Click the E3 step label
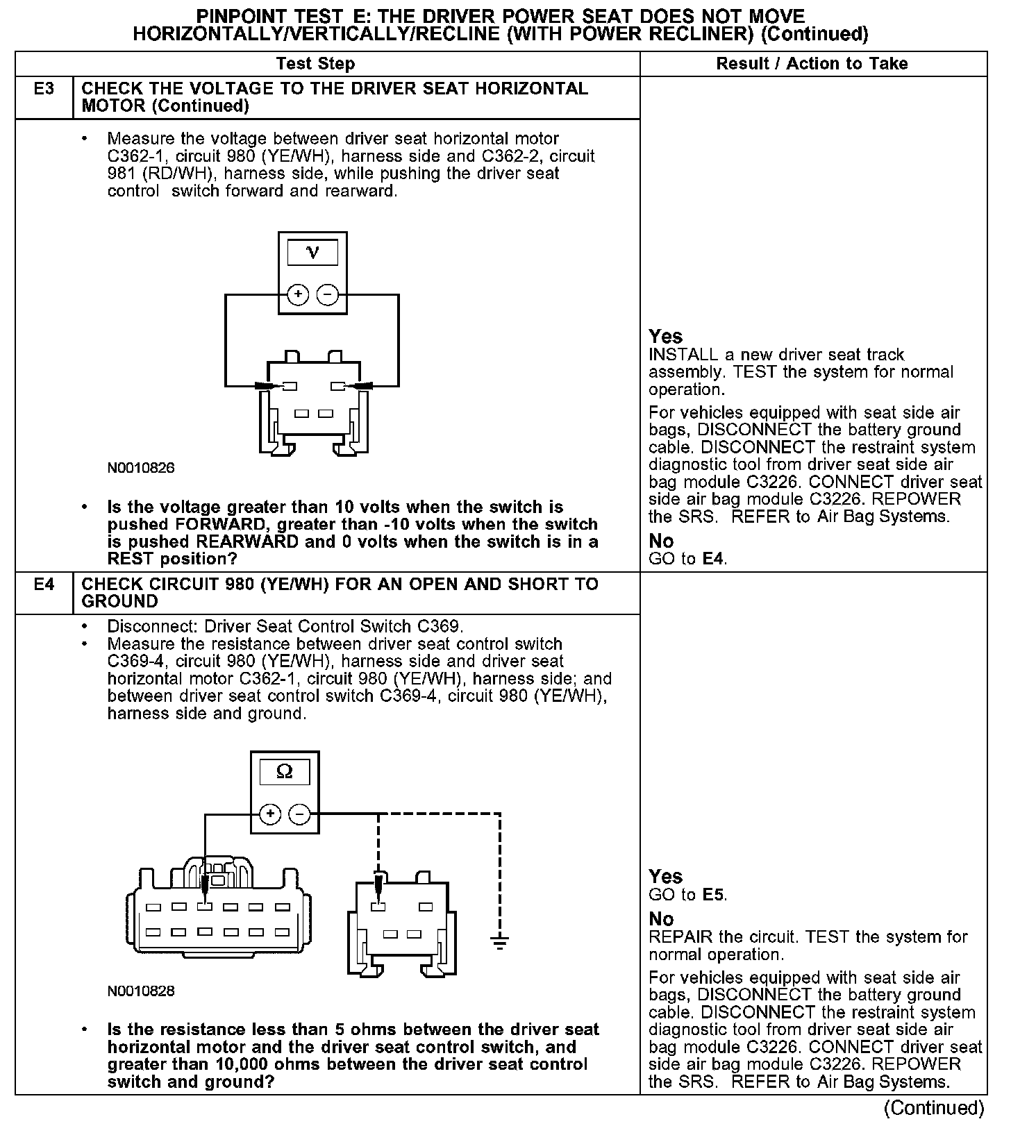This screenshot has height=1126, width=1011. pos(44,89)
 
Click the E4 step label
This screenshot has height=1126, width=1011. pos(44,585)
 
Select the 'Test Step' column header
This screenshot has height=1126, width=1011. pos(315,64)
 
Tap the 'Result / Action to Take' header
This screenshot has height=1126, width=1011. pos(812,64)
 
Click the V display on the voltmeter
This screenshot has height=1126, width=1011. pos(312,253)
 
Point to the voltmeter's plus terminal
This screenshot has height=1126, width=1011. pos(298,294)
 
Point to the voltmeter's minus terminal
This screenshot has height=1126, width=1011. pos(327,294)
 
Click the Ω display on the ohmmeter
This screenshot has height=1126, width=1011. pos(284,772)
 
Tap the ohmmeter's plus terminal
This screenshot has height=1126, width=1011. pos(270,814)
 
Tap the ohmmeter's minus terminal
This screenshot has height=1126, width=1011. pos(299,814)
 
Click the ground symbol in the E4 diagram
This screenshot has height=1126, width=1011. pos(499,941)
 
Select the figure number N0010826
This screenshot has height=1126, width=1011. pos(141,469)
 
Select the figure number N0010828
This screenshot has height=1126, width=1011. pos(141,991)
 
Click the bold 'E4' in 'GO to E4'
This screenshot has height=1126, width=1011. pos(713,559)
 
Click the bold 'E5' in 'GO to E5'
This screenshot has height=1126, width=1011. pos(713,895)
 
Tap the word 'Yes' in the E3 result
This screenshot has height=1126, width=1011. pos(665,337)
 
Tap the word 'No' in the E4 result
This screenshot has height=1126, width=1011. pos(661,919)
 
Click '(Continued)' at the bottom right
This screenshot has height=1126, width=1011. pos(934,1107)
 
